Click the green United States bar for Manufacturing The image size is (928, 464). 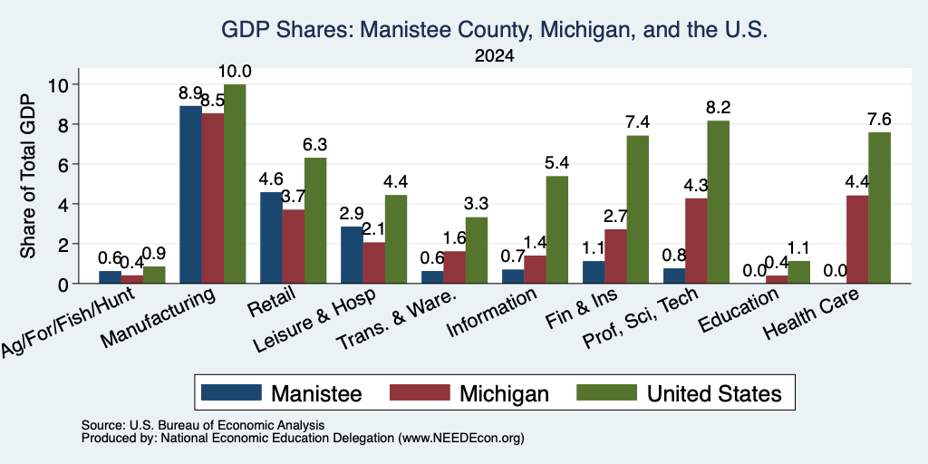[x=235, y=183]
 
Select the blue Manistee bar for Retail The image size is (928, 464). [x=271, y=237]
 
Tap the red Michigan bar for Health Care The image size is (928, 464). [x=857, y=239]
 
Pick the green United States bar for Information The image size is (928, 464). [x=556, y=229]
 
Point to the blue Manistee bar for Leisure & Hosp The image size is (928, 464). [x=352, y=255]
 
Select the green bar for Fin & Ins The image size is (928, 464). [x=637, y=209]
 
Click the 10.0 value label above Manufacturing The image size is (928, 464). [x=235, y=72]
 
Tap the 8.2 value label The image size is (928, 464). [x=718, y=108]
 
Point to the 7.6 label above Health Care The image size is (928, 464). [x=878, y=120]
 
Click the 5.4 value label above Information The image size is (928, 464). [x=556, y=163]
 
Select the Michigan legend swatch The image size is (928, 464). [x=419, y=392]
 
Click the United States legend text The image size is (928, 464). [x=714, y=393]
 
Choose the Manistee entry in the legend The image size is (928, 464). [x=281, y=392]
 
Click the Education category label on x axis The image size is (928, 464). [x=739, y=310]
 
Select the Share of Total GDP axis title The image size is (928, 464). [x=28, y=176]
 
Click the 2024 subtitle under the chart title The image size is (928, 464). [x=494, y=56]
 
